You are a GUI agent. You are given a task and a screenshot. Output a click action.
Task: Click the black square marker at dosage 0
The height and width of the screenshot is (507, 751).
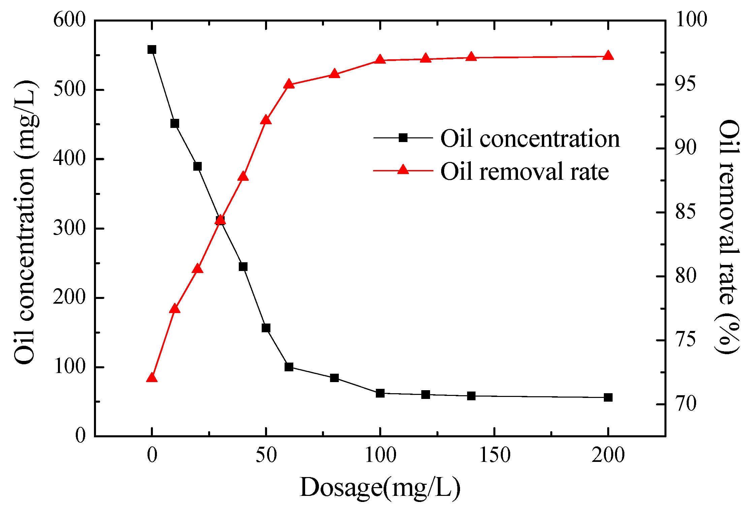pyautogui.click(x=152, y=50)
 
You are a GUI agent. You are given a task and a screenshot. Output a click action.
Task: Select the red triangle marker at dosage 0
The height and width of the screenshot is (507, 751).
pyautogui.click(x=152, y=378)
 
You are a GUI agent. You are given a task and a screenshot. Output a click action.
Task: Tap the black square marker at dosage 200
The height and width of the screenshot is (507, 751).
pyautogui.click(x=608, y=397)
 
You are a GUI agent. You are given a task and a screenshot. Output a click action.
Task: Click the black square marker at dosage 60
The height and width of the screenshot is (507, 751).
pyautogui.click(x=289, y=367)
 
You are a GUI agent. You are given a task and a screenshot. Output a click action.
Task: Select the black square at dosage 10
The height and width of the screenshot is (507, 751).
pyautogui.click(x=174, y=124)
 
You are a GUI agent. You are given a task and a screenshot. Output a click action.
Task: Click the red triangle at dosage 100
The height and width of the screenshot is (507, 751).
pyautogui.click(x=380, y=60)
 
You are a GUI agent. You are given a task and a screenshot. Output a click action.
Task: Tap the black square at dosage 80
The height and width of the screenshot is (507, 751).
pyautogui.click(x=334, y=378)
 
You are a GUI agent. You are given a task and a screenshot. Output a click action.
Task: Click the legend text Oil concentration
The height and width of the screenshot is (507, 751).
pyautogui.click(x=530, y=138)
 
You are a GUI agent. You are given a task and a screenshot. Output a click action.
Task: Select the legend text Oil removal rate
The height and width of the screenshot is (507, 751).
pyautogui.click(x=524, y=171)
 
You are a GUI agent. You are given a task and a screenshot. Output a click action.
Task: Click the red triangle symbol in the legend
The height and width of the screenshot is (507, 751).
pyautogui.click(x=403, y=170)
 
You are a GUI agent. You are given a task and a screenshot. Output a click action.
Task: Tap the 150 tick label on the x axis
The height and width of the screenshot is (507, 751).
pyautogui.click(x=494, y=455)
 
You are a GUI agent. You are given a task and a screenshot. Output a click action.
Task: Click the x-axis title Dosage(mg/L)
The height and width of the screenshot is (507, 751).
pyautogui.click(x=380, y=487)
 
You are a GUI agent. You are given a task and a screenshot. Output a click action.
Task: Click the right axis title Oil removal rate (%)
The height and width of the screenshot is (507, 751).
pyautogui.click(x=728, y=236)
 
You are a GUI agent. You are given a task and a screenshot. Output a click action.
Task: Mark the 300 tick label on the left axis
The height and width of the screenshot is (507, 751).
pyautogui.click(x=69, y=228)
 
